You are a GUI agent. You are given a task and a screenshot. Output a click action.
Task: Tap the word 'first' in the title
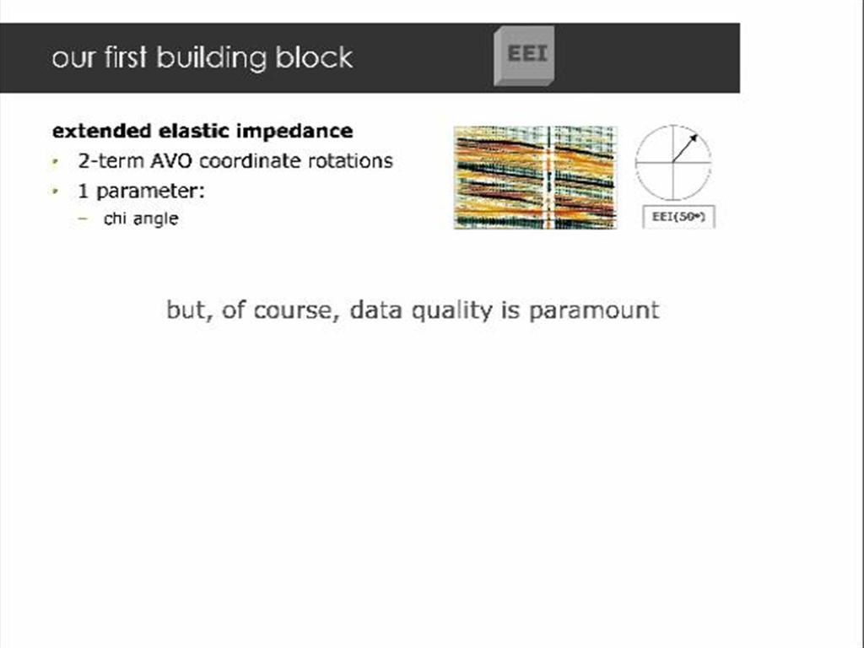pyautogui.click(x=124, y=57)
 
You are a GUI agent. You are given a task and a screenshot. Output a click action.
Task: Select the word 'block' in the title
pyautogui.click(x=315, y=57)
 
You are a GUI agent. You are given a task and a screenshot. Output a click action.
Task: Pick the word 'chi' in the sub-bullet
pyautogui.click(x=115, y=219)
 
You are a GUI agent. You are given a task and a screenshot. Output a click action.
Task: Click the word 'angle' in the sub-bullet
pyautogui.click(x=156, y=219)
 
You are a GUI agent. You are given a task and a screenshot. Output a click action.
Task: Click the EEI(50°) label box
pyautogui.click(x=678, y=217)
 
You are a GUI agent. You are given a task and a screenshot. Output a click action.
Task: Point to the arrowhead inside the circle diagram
pyautogui.click(x=694, y=138)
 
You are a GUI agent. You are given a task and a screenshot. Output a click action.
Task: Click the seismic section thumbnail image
pyautogui.click(x=535, y=177)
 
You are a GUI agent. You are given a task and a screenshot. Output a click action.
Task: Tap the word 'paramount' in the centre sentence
pyautogui.click(x=594, y=310)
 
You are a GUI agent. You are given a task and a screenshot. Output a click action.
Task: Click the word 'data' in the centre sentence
pyautogui.click(x=376, y=310)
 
